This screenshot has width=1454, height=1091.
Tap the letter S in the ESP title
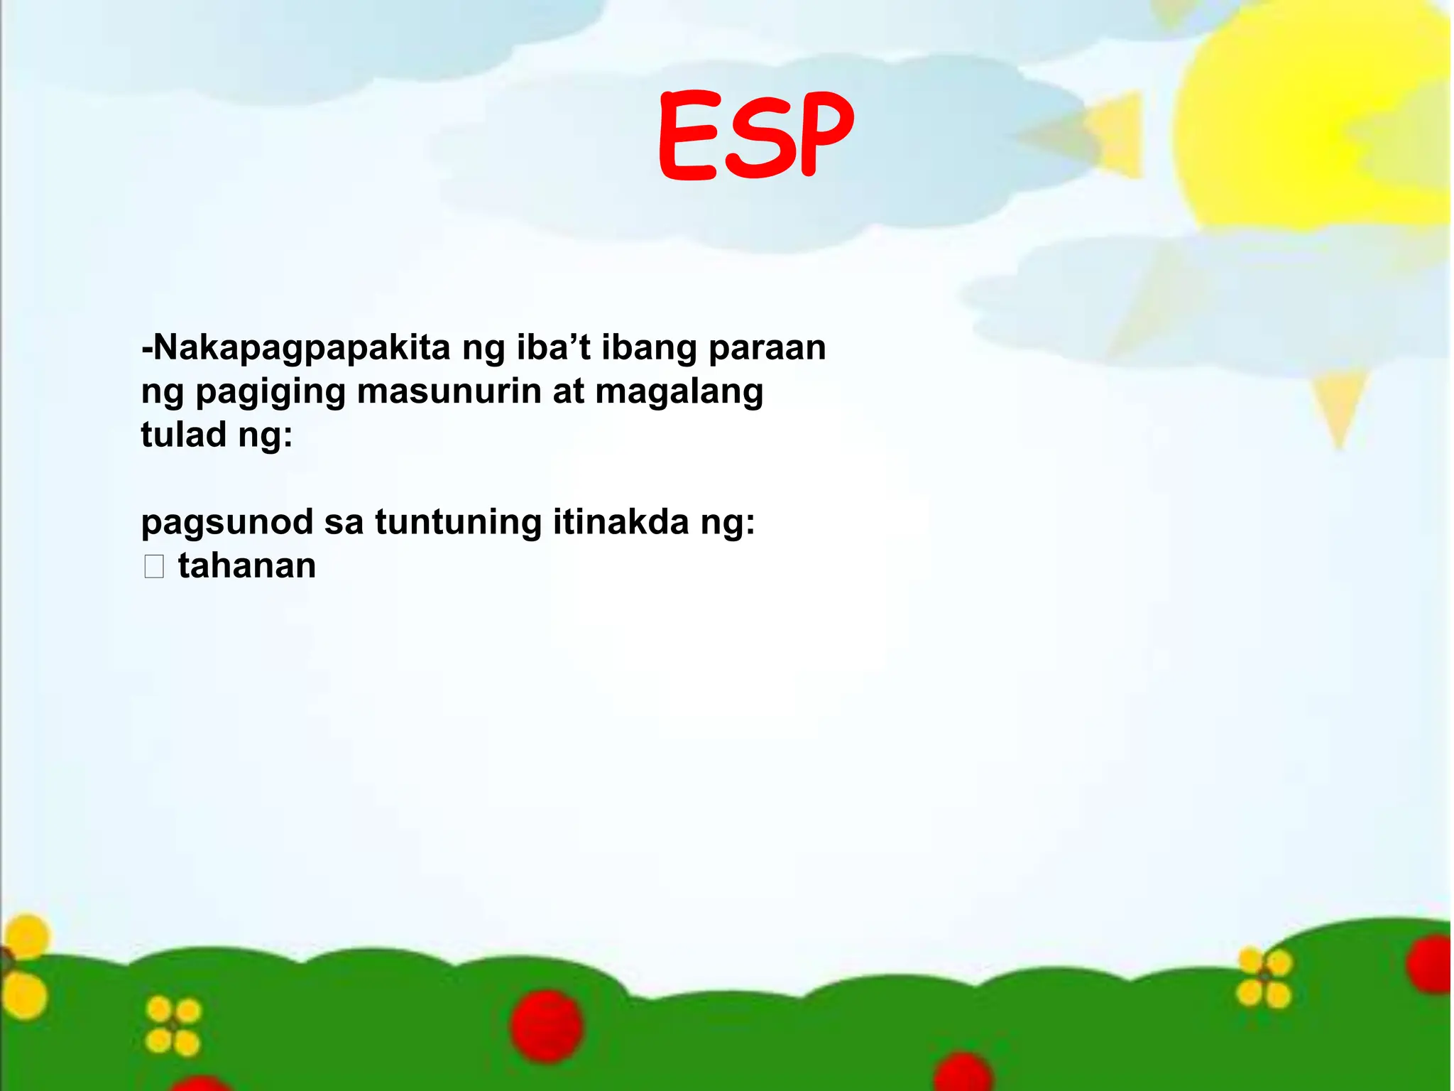(756, 136)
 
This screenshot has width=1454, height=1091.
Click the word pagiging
(270, 392)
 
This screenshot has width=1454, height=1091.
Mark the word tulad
(184, 434)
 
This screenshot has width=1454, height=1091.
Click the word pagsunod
(227, 523)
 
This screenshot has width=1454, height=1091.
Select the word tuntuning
(458, 523)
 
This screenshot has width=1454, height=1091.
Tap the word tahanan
(246, 566)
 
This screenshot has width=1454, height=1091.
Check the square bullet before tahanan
(154, 567)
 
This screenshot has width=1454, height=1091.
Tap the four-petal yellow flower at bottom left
(173, 1026)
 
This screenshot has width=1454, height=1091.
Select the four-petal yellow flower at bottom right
(1264, 979)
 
